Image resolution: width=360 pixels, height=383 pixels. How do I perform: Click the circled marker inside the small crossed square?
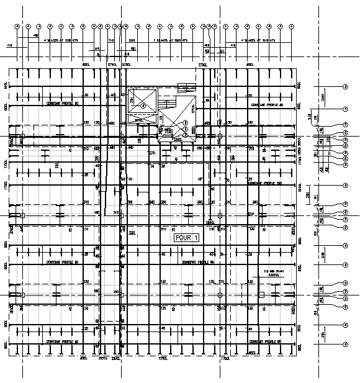click(x=143, y=106)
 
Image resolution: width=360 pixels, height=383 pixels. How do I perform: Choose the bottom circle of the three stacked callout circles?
click(x=186, y=135)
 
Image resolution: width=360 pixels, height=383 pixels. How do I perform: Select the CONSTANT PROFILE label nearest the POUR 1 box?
click(x=198, y=263)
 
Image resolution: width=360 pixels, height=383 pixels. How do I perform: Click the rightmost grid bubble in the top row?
click(x=292, y=27)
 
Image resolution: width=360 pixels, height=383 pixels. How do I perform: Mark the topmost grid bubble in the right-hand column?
click(x=345, y=86)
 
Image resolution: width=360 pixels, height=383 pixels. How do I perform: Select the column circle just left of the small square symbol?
click(x=220, y=295)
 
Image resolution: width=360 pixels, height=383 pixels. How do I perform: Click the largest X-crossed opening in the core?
click(x=143, y=99)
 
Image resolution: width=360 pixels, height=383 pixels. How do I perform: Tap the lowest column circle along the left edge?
click(x=23, y=295)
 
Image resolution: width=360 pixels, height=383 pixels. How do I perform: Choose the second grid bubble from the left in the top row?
click(x=28, y=27)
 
